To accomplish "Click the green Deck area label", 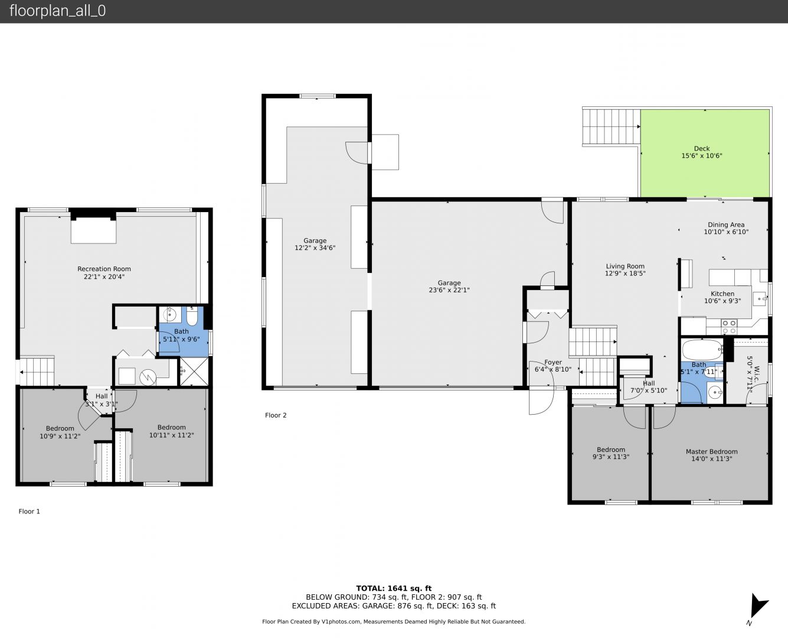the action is tap(701, 152).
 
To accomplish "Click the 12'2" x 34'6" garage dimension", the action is tap(315, 248).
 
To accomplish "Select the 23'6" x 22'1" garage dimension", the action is tap(449, 290).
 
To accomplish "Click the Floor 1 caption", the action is tap(30, 512).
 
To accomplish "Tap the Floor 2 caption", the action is tap(276, 415).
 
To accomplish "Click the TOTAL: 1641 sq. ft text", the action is tap(394, 588).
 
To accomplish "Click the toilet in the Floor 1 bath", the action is tap(192, 315).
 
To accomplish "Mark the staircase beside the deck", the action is tap(611, 126).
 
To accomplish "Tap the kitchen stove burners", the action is tap(729, 326).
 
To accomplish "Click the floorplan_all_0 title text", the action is tap(58, 11).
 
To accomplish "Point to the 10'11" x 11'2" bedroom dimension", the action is tap(171, 435).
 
